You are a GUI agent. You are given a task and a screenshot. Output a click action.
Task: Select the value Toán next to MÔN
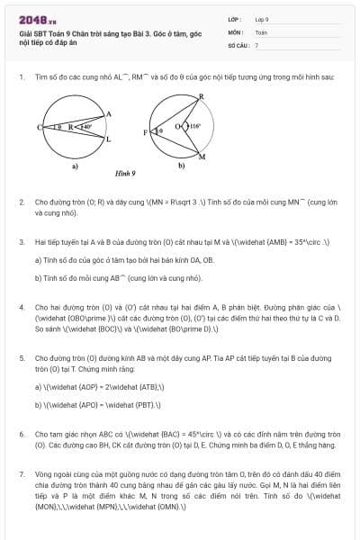[261, 31]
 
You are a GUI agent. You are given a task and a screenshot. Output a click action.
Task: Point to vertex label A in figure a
[108, 113]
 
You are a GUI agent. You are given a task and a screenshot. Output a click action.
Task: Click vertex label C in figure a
[40, 128]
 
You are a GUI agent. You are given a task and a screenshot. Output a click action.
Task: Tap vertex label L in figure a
[109, 139]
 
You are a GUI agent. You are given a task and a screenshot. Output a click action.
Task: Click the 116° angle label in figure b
[195, 126]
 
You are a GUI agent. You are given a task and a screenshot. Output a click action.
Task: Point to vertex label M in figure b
[202, 157]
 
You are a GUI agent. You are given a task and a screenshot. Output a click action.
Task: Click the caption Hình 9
[125, 172]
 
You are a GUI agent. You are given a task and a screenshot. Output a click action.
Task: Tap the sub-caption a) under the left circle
[76, 165]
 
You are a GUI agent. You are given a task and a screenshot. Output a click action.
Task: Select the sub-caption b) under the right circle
[181, 165]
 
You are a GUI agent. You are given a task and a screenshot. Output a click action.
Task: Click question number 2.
[21, 203]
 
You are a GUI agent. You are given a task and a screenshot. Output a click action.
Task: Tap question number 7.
[21, 472]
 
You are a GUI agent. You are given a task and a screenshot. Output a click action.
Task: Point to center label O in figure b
[179, 126]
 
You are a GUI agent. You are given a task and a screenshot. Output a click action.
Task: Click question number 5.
[21, 357]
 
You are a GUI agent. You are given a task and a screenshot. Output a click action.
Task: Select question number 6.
[21, 434]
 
